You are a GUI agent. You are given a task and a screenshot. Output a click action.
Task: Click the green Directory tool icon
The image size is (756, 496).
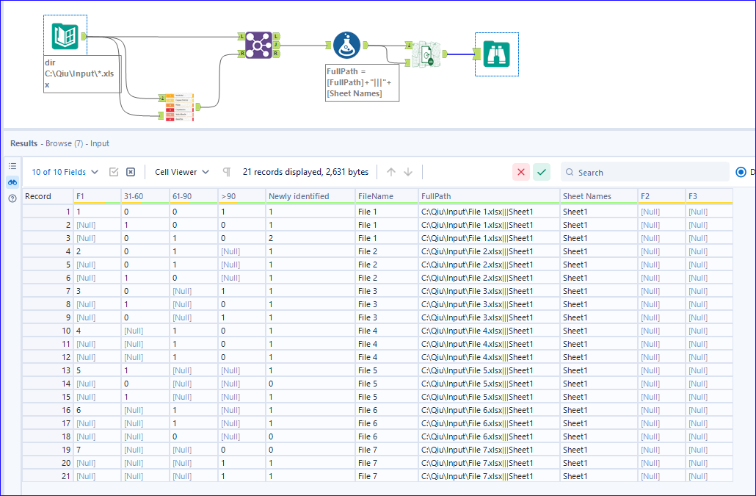point(65,36)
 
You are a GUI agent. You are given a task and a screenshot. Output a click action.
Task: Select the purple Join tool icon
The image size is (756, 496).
point(258,45)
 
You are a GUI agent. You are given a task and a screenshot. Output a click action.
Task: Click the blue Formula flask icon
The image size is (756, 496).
point(346,46)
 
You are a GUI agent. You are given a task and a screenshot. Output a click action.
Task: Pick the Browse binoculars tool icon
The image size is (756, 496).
point(497,54)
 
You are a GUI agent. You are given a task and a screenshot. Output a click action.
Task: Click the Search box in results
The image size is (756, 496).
point(646,172)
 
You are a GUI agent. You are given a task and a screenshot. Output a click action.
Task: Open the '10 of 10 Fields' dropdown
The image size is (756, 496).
point(65,172)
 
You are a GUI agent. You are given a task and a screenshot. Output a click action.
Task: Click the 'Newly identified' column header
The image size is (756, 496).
point(299,196)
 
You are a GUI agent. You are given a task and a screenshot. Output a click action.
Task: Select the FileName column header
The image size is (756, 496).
point(376,196)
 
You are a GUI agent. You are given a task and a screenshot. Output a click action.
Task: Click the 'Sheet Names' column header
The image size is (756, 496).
point(587,196)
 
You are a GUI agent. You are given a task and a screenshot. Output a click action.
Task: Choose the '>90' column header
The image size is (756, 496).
point(228,196)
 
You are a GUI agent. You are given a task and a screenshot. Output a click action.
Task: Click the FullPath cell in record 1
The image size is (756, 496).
point(477,212)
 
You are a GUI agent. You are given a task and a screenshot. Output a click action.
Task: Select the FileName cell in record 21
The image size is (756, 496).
point(368,476)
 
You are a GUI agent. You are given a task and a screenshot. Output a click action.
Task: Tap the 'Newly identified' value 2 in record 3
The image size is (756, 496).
point(271,238)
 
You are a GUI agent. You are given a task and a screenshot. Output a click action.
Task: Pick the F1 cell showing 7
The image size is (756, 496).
point(79,450)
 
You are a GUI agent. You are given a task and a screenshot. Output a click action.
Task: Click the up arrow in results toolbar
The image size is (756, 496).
point(391,172)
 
